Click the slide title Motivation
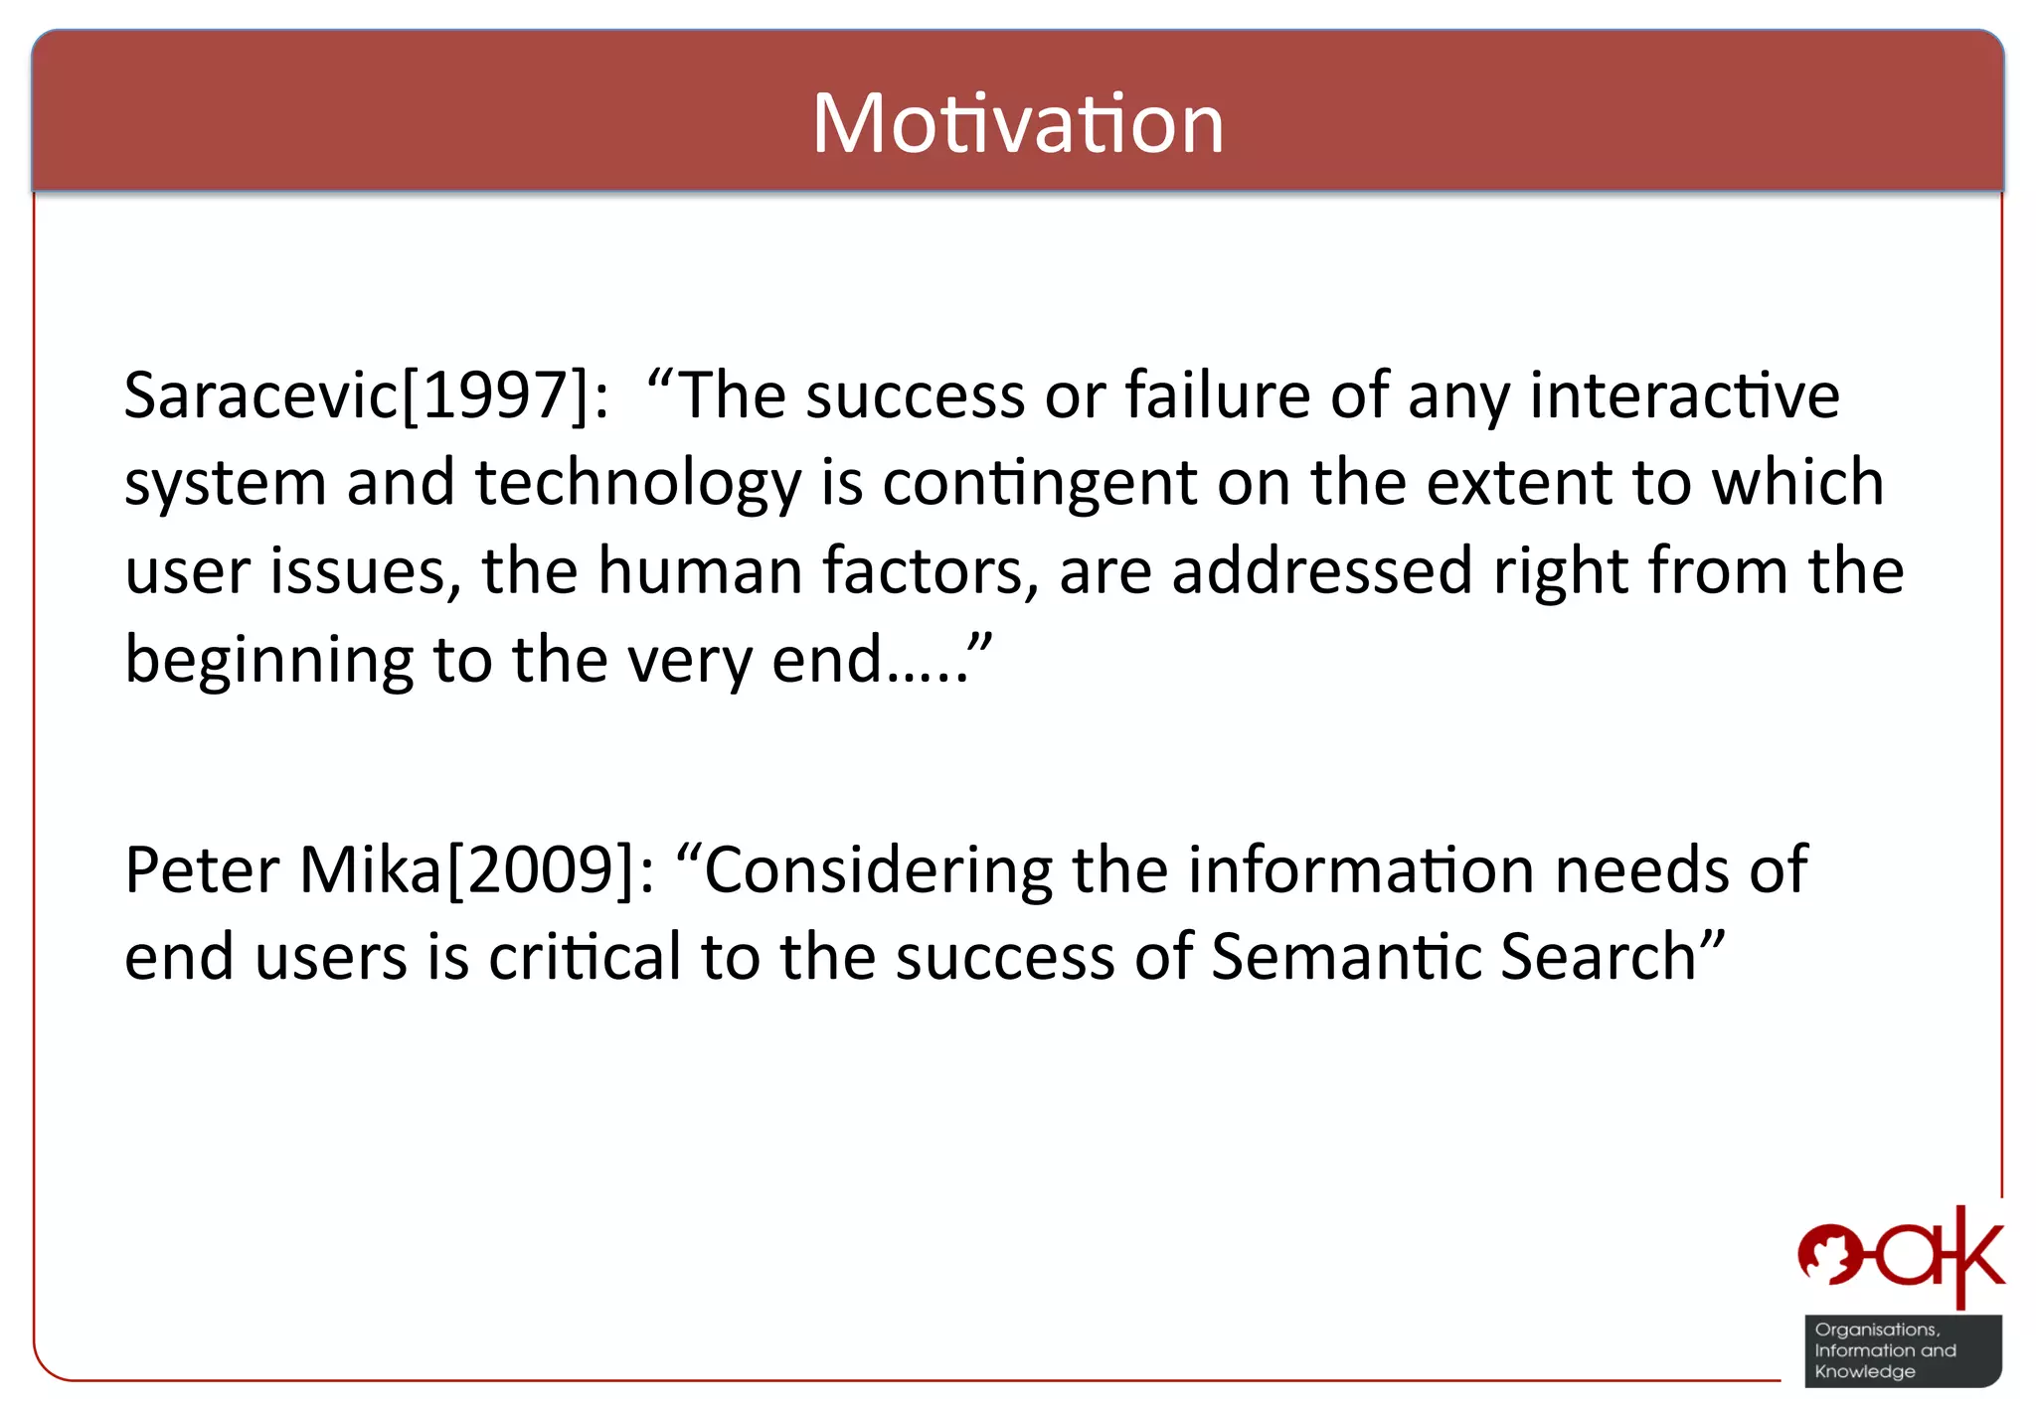1017,123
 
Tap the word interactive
1684,394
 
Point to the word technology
637,484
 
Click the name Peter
202,869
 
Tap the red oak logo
1900,1258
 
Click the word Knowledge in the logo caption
1864,1372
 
